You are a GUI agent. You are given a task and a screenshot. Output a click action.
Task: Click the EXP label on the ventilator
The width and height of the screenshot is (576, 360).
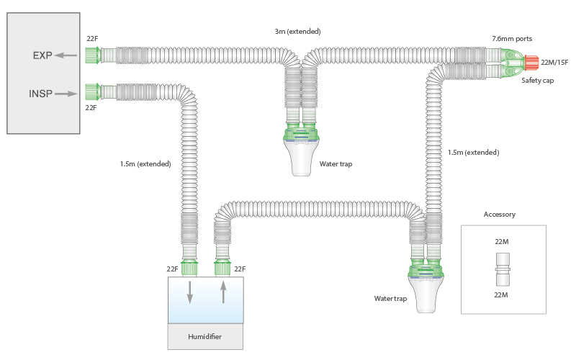42,55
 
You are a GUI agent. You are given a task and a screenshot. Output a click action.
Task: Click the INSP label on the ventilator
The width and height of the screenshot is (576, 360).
40,94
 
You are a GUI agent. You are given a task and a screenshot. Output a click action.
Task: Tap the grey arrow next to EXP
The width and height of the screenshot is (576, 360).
67,55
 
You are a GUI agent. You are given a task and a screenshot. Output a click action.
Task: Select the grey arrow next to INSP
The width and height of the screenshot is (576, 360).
66,94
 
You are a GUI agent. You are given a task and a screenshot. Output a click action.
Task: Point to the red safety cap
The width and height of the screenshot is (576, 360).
531,63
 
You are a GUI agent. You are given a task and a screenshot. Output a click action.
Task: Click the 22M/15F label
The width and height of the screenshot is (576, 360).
554,63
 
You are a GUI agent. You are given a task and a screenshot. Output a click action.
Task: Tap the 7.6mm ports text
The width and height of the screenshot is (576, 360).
512,38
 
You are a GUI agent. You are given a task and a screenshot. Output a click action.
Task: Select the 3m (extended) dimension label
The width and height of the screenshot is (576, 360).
297,32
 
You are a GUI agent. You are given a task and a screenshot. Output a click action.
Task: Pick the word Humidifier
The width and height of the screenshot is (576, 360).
205,337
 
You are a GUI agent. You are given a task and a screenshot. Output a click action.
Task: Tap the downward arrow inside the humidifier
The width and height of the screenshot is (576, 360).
190,292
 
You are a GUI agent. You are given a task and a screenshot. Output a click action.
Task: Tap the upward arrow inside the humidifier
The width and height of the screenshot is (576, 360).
223,292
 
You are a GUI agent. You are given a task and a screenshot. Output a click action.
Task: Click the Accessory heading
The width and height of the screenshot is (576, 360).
500,215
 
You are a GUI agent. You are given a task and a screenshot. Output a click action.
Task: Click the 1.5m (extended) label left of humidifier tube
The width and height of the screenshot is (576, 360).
145,164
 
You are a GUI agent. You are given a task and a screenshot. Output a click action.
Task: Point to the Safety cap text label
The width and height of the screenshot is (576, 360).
537,81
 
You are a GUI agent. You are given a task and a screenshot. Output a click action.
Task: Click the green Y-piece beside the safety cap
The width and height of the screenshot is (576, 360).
512,63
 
